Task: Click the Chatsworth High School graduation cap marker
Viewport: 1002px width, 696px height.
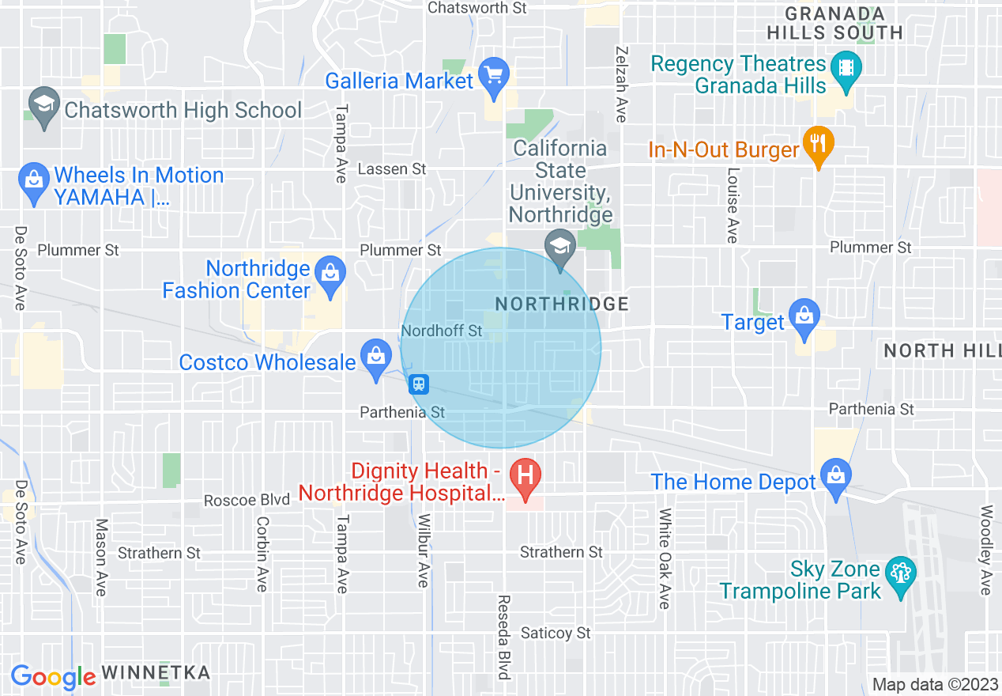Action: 44,106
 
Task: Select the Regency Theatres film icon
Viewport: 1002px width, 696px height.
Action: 846,65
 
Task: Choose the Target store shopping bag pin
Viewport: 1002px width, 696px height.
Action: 804,318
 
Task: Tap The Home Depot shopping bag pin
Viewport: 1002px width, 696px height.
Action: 835,478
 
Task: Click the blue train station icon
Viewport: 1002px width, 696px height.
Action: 418,384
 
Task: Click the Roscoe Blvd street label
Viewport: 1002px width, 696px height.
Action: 241,501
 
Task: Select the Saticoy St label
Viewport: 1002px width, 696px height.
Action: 556,633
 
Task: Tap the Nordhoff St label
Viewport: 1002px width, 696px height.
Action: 441,331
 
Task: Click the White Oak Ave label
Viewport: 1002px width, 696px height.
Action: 665,558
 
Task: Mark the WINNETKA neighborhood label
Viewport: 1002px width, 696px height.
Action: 156,673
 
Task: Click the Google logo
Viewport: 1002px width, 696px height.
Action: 53,677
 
